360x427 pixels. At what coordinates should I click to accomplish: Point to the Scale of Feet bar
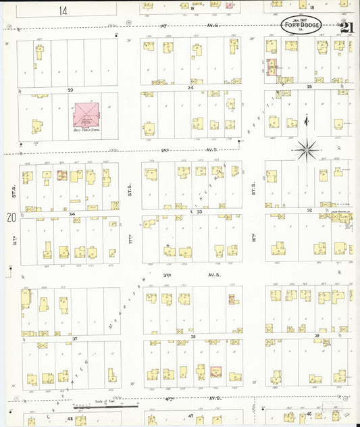coord(108,407)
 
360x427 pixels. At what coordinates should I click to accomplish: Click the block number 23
coord(69,89)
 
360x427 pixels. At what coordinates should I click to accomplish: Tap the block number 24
coord(190,89)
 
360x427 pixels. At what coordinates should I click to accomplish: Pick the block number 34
coord(72,213)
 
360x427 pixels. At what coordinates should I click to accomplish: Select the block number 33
coord(199,212)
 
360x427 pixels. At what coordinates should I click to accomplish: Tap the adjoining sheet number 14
coord(63,10)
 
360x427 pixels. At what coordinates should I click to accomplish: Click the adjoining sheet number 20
coord(10,218)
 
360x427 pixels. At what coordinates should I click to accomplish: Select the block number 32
coord(309,211)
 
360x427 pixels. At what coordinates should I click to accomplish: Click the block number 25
coord(309,87)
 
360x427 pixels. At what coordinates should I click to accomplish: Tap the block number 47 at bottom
coord(190,416)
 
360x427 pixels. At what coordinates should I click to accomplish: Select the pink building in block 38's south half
coord(215,371)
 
